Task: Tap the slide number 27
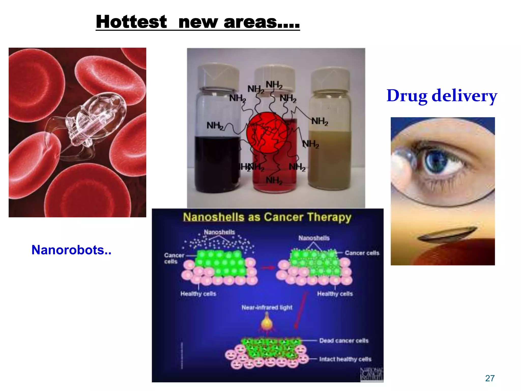[490, 378]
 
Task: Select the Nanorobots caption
[71, 250]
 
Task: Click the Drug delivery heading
[442, 96]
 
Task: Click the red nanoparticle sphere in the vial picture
[267, 133]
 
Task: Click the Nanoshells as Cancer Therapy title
[267, 217]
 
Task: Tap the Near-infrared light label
[267, 308]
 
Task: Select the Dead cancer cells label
[344, 341]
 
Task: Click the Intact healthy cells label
[345, 359]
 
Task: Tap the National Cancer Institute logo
[372, 374]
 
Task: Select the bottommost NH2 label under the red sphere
[274, 180]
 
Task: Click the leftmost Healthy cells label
[198, 294]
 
